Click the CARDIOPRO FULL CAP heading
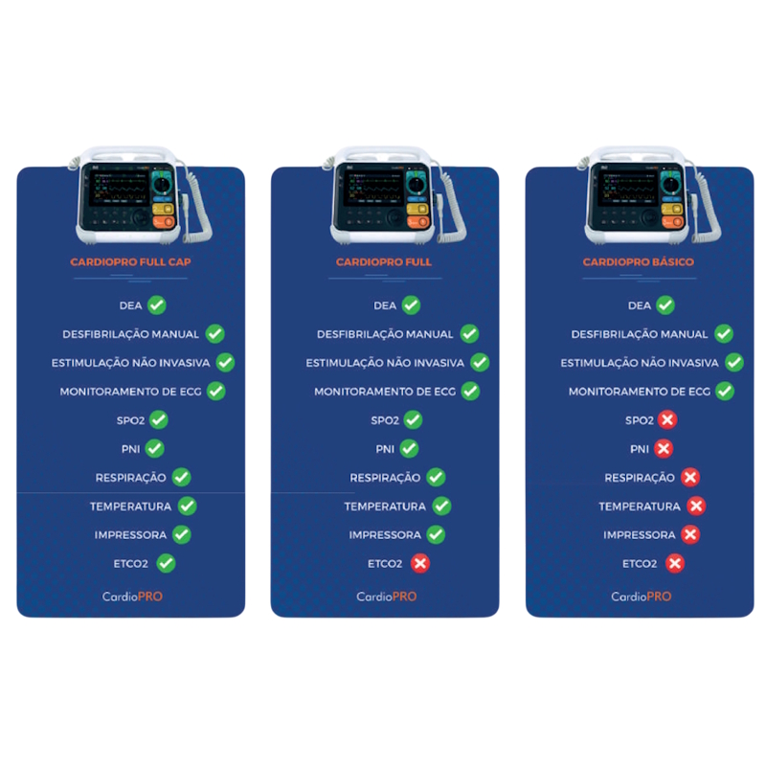click(x=130, y=261)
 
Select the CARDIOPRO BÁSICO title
click(x=638, y=261)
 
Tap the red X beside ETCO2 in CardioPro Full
click(x=420, y=563)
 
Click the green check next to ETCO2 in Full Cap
click(x=166, y=563)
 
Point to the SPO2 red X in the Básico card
click(x=667, y=419)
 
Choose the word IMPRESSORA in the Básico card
click(x=640, y=535)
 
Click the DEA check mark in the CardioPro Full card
click(x=411, y=305)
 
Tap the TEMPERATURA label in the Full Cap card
click(x=130, y=507)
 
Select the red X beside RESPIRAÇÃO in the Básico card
click(x=690, y=477)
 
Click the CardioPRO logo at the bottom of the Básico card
click(x=641, y=597)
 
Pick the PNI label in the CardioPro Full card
click(x=385, y=449)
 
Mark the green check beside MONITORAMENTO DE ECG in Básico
click(x=725, y=392)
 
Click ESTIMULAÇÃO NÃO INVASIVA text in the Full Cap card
click(x=130, y=363)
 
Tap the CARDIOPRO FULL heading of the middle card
click(x=384, y=261)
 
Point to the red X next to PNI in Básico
click(x=664, y=448)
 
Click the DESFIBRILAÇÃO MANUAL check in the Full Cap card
click(x=214, y=334)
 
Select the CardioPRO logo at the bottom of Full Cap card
click(x=132, y=597)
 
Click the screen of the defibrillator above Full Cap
click(x=119, y=188)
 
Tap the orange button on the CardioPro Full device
click(x=417, y=222)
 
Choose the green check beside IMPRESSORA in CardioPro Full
click(x=436, y=534)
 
